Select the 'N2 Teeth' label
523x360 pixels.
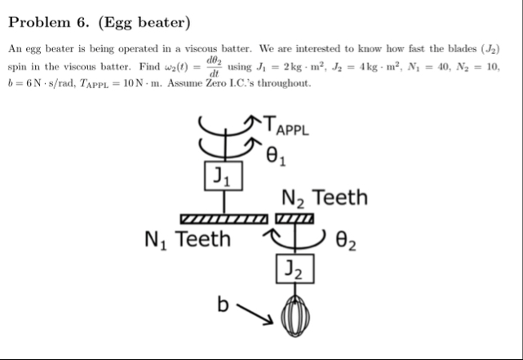324,198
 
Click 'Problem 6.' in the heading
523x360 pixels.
49,21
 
